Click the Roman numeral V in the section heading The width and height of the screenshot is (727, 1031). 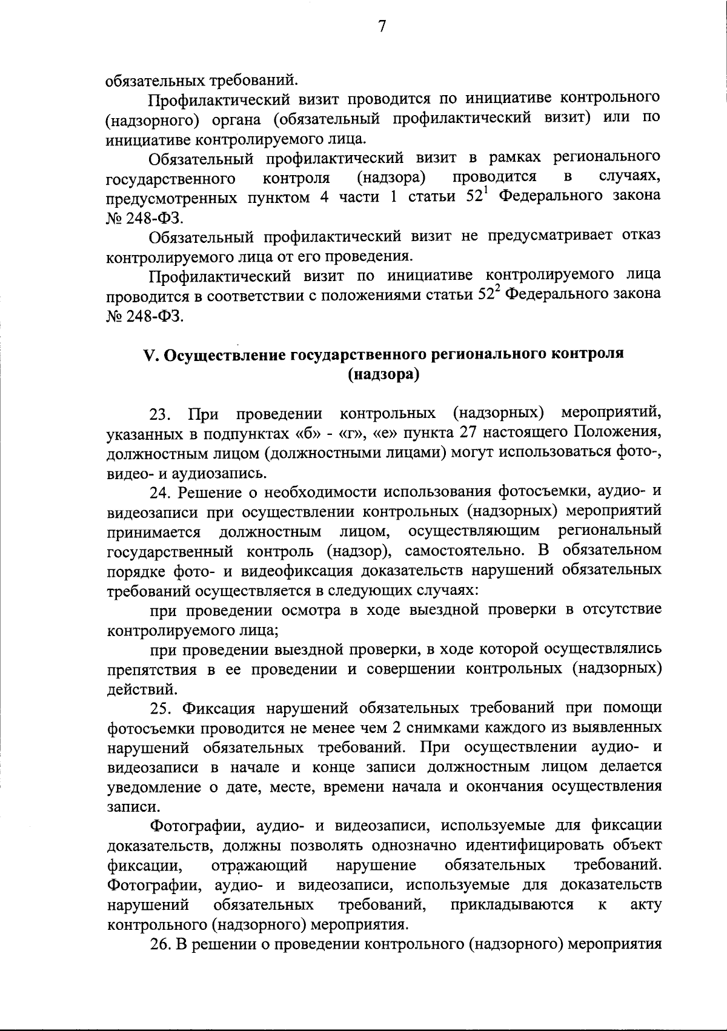click(149, 355)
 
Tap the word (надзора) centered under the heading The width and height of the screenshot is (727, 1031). click(383, 375)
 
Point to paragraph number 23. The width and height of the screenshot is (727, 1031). click(158, 415)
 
